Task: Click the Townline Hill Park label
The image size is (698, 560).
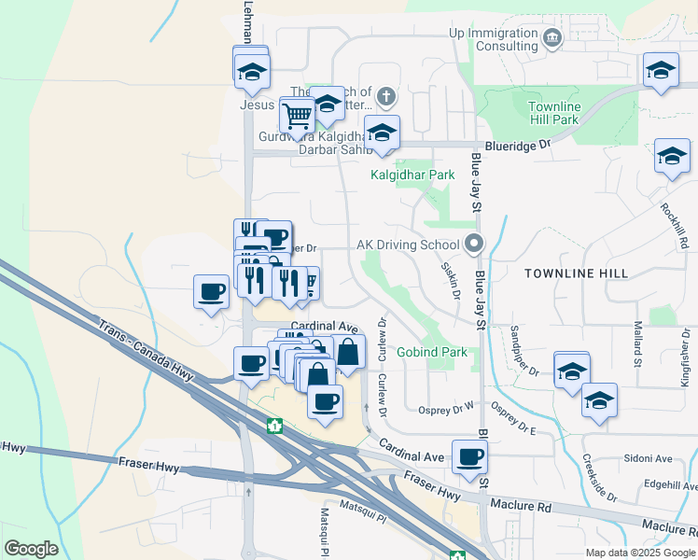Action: coord(553,113)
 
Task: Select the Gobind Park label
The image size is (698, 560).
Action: coord(431,353)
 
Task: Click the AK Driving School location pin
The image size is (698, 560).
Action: coord(474,245)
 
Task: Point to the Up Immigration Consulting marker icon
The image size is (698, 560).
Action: coord(552,39)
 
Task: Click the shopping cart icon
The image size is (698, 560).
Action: coord(297,116)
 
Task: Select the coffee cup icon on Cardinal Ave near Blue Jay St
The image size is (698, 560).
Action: coord(470,456)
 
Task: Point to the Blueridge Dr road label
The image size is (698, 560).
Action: coord(526,145)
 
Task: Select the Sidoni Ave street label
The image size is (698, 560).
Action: coord(649,458)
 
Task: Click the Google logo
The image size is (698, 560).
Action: coord(31,549)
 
